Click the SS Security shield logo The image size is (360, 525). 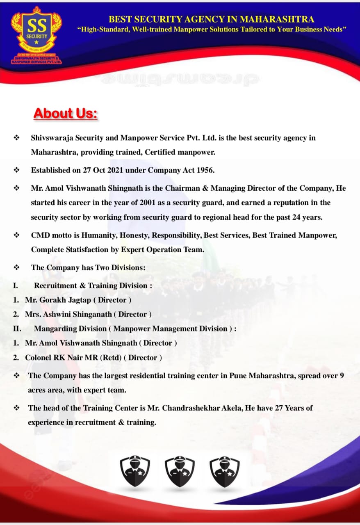point(36,32)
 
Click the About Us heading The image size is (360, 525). point(66,113)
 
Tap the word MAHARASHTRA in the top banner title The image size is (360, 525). point(277,19)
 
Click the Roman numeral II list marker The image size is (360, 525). point(17,329)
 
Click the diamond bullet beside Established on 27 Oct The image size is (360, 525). point(17,170)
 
